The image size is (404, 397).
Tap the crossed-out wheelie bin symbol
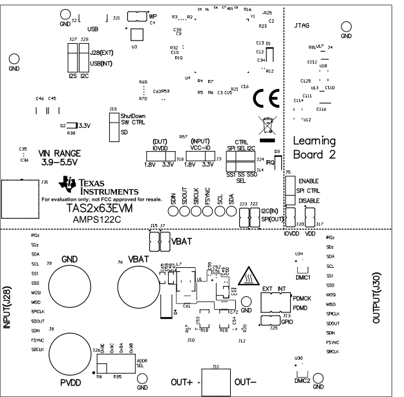point(266,123)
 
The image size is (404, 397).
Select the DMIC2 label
point(303,381)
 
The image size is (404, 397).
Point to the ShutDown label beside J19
point(133,115)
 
